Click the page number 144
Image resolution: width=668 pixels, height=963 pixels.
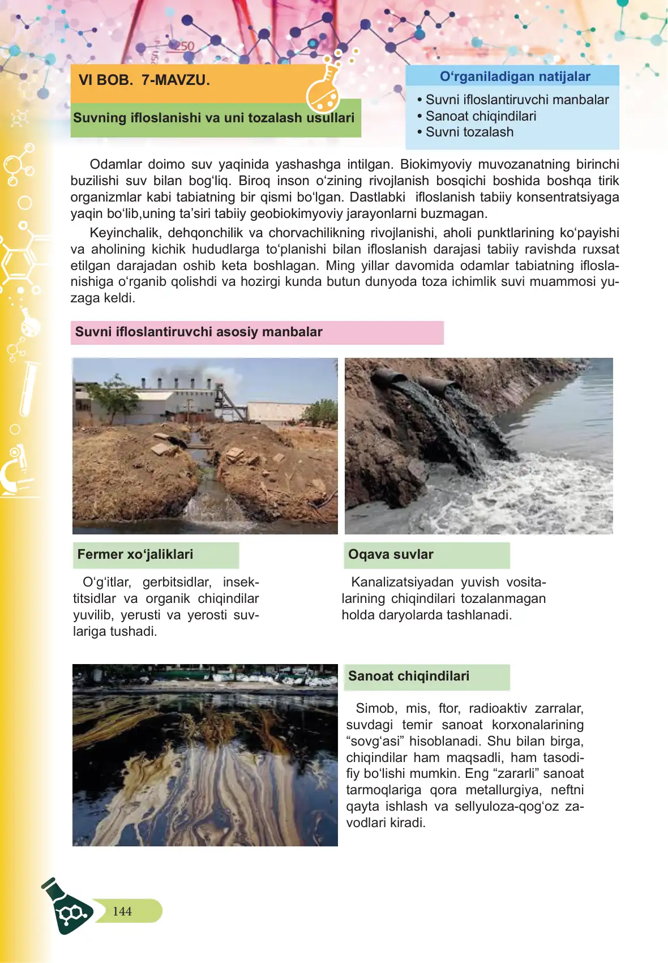click(122, 911)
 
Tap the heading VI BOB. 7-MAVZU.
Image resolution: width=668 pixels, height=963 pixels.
click(144, 80)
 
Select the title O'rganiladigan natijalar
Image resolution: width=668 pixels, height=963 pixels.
click(515, 76)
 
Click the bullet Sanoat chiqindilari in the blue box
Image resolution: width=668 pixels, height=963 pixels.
click(481, 116)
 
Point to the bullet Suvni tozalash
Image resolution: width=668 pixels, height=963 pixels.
click(469, 132)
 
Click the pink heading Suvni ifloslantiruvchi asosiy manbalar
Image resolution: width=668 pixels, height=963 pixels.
click(199, 332)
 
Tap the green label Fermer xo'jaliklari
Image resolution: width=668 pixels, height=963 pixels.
click(135, 554)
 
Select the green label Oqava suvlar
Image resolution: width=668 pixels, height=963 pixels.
click(391, 554)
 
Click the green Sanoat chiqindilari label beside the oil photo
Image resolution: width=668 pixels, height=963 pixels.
click(409, 676)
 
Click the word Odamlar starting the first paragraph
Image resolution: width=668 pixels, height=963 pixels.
click(115, 164)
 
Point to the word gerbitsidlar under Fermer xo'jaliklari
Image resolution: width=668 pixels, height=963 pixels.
click(177, 582)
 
